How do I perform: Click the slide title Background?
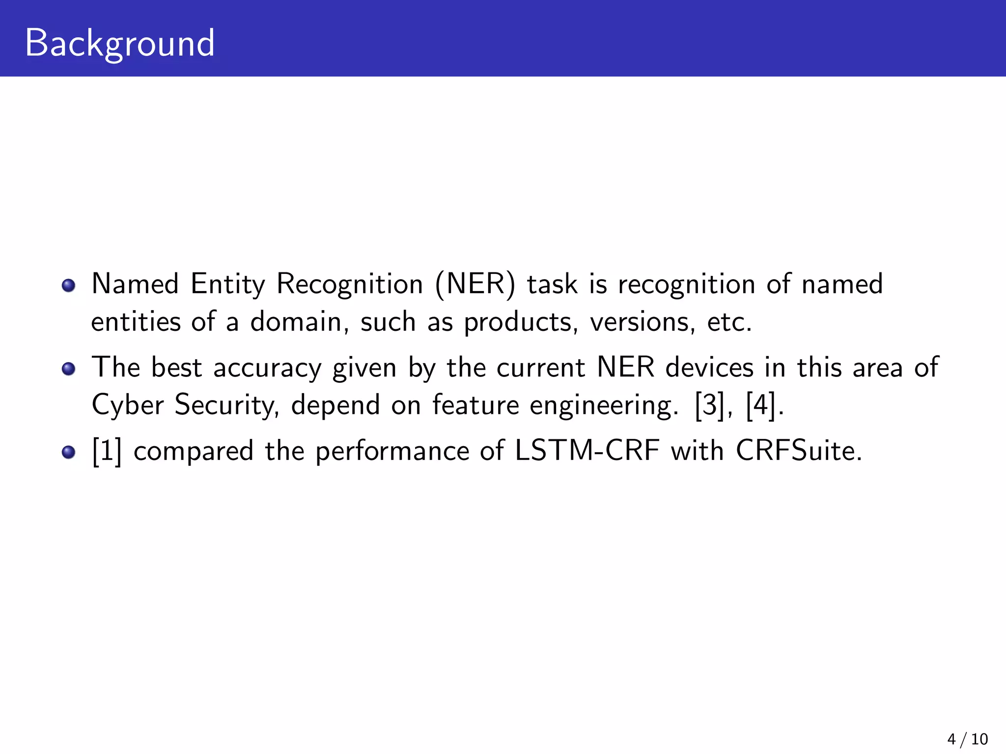[119, 44]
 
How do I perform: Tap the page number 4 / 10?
[967, 739]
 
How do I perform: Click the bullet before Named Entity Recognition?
[69, 285]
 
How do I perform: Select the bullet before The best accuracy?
[69, 369]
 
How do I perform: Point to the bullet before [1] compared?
[69, 452]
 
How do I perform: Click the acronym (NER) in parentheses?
[475, 284]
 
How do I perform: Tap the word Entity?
[227, 284]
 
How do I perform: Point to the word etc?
[729, 323]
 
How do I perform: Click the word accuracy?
[267, 368]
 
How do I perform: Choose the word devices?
[709, 367]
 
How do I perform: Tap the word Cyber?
[128, 405]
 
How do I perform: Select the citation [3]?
[710, 405]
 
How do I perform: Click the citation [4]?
[761, 405]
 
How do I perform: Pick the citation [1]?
[107, 451]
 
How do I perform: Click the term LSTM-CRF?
[587, 451]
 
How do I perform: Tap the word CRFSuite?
[798, 451]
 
